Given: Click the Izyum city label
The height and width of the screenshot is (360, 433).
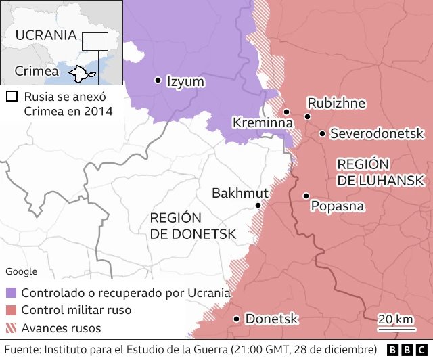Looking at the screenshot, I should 185,82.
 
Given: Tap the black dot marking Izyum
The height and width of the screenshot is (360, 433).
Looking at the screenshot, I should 158,80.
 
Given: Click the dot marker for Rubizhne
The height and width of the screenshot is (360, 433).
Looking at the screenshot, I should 308,117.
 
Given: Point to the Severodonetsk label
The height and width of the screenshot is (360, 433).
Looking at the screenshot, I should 376,133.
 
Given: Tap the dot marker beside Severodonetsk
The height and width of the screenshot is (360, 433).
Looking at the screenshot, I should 323,133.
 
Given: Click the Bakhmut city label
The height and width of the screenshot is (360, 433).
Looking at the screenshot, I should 240,193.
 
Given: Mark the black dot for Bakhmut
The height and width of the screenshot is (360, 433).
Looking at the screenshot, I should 258,205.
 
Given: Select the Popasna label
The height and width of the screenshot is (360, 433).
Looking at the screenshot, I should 338,206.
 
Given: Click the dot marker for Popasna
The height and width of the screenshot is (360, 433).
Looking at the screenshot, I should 306,196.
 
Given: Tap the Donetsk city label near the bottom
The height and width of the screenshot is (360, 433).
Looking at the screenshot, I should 272,319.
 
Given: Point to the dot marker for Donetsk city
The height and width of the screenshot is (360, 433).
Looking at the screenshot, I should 236,319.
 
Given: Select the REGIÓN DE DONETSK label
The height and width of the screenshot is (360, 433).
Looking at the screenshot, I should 193,225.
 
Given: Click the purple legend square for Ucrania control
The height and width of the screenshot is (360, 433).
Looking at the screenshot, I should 12,293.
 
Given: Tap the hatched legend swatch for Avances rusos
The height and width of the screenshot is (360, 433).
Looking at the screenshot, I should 12,328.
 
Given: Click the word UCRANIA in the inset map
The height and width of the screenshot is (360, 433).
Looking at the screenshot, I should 45,35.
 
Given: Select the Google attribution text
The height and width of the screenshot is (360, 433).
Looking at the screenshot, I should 22,271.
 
